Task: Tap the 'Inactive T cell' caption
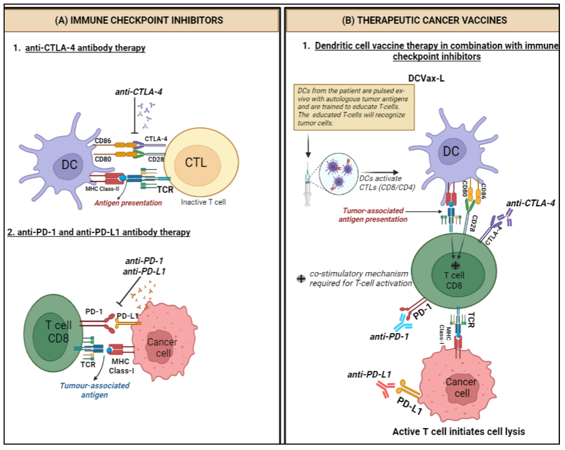pyautogui.click(x=203, y=202)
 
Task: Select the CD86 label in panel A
pyautogui.click(x=103, y=141)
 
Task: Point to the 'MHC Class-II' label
pyautogui.click(x=102, y=189)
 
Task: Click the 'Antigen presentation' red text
pyautogui.click(x=128, y=203)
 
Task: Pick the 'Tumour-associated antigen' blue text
pyautogui.click(x=95, y=390)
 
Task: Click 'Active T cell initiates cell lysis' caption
pyautogui.click(x=459, y=431)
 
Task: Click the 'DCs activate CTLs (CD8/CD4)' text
pyautogui.click(x=387, y=183)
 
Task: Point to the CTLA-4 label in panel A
pyautogui.click(x=156, y=139)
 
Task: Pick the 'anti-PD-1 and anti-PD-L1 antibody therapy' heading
pyautogui.click(x=98, y=232)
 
